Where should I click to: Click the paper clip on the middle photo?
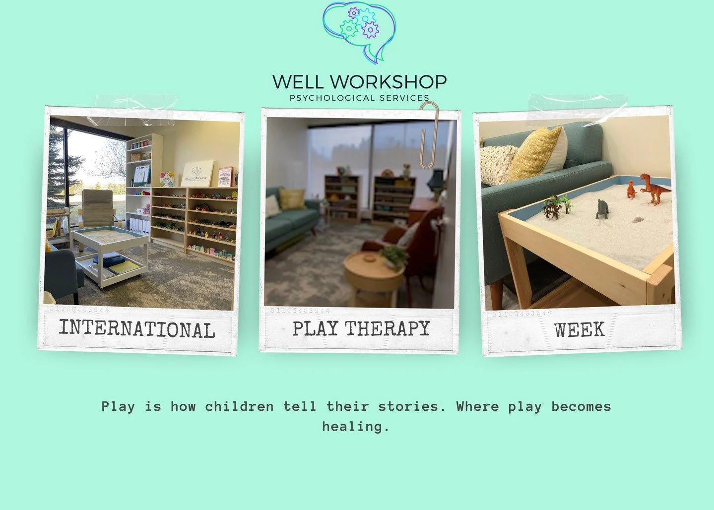pyautogui.click(x=429, y=134)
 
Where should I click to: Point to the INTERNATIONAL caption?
pyautogui.click(x=137, y=329)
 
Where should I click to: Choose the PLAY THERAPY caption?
pyautogui.click(x=361, y=328)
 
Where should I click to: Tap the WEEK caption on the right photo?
pyautogui.click(x=579, y=329)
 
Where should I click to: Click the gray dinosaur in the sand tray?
pyautogui.click(x=602, y=208)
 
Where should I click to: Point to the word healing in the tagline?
pyautogui.click(x=355, y=426)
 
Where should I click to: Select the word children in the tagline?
pyautogui.click(x=239, y=406)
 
